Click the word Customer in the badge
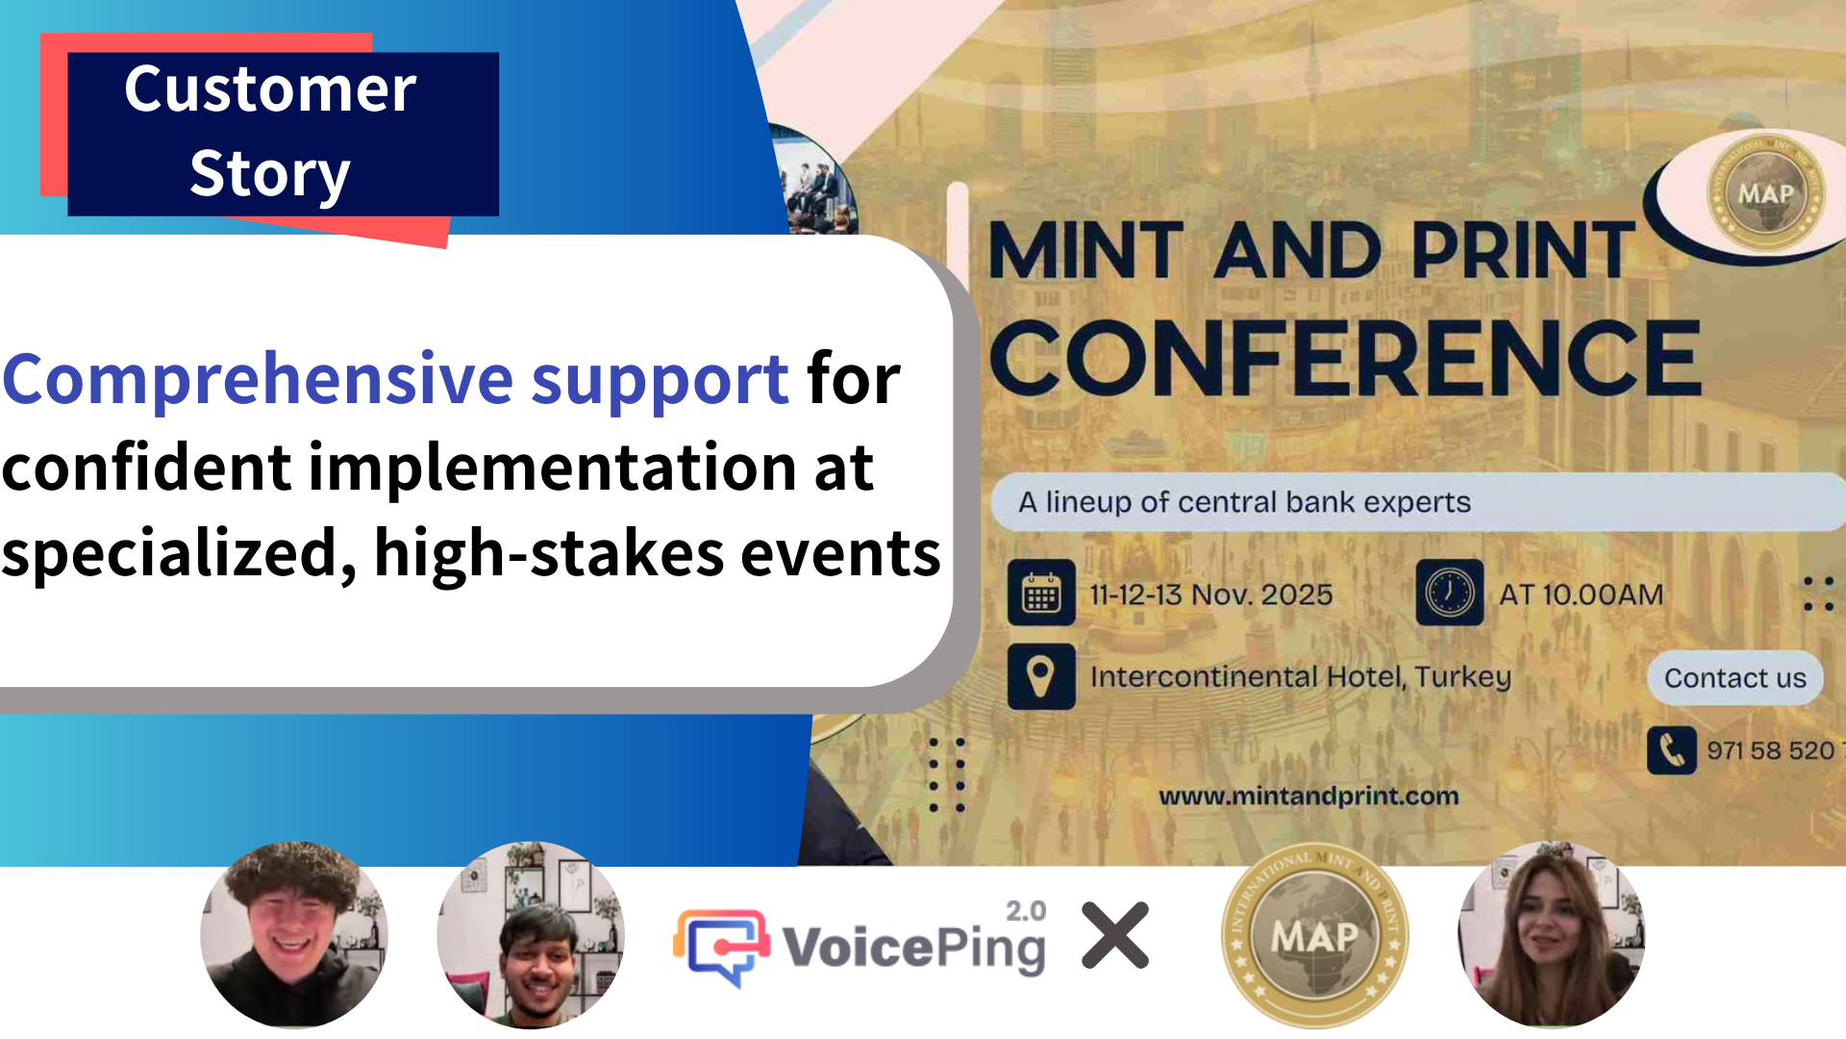[270, 89]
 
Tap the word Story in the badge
[270, 173]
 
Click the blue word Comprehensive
[258, 379]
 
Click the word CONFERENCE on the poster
[1346, 359]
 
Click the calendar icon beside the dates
[1041, 594]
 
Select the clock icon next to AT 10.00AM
[1449, 594]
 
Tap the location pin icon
[1041, 676]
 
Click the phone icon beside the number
[1671, 750]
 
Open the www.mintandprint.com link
[1309, 797]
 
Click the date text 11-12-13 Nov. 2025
[1210, 595]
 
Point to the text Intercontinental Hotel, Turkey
[1300, 677]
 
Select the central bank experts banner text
[1244, 502]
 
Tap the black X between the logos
[1115, 935]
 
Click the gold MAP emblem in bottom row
[1314, 935]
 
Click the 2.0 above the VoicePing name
[1025, 911]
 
